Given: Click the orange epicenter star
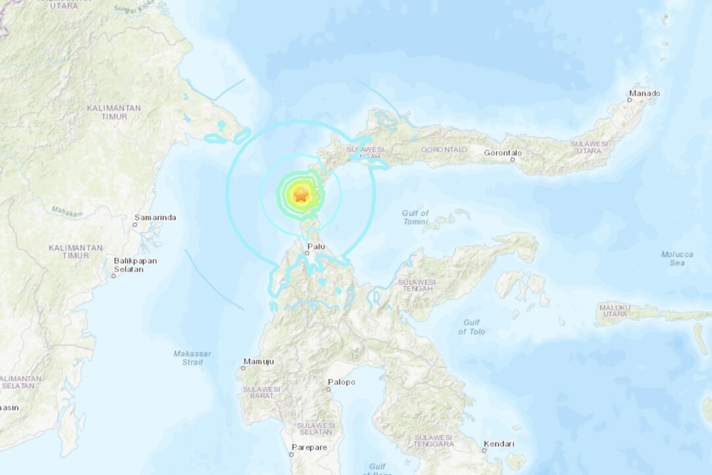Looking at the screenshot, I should coord(301,195).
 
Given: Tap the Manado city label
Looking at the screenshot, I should coord(644,94).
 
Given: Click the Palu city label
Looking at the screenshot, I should coord(316,247).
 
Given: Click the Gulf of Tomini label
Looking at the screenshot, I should coord(415,217).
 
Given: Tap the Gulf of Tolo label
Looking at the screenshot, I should coord(471,327).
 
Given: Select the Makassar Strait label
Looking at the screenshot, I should coord(193,358).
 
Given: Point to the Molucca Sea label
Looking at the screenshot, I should coord(677,259).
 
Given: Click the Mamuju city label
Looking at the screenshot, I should coord(258,362).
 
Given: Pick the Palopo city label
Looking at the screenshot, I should coord(341,382).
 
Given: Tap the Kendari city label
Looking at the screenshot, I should coord(498,444).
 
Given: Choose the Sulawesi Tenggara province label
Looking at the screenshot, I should coord(433,441).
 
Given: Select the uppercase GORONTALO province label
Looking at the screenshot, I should coord(446,150).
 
